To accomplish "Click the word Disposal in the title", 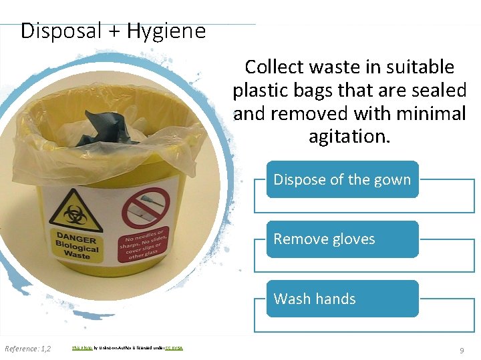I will [61, 31].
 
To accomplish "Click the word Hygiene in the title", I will [166, 31].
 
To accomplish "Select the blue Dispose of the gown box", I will [342, 179].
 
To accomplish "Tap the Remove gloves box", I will [342, 239].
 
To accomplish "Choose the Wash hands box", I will [342, 299].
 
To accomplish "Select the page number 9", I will [461, 350].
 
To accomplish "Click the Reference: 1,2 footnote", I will [27, 349].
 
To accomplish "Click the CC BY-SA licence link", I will [173, 348].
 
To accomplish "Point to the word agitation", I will [349, 137].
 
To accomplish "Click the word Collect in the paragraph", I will [271, 67].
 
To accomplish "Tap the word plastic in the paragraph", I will [261, 90].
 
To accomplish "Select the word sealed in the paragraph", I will [436, 90].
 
